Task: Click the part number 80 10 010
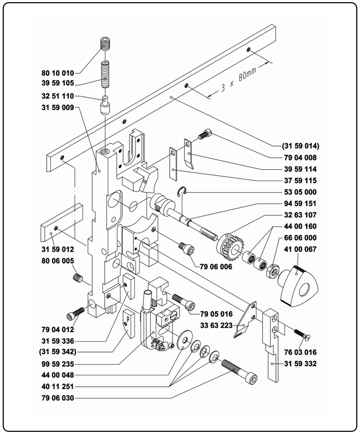[57, 72]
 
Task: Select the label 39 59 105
[57, 84]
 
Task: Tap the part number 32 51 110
[57, 97]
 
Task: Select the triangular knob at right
[298, 282]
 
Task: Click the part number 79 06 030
[57, 399]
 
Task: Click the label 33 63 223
[217, 325]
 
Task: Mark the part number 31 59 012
[57, 250]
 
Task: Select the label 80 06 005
[57, 261]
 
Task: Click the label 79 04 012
[57, 329]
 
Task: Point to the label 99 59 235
[57, 363]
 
